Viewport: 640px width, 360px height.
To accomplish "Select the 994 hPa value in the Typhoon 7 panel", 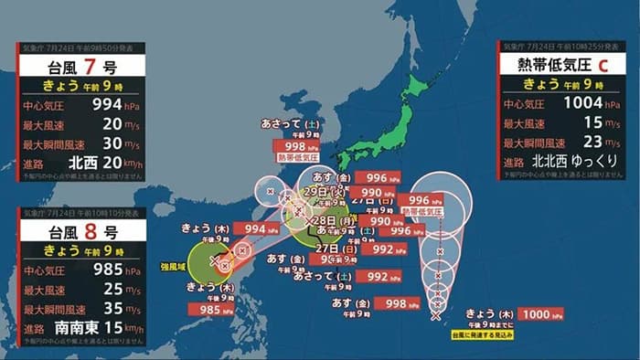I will tap(94, 106).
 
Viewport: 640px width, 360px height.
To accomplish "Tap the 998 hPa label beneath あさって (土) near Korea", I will tap(295, 146).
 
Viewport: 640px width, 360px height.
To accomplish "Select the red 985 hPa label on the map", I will tap(211, 309).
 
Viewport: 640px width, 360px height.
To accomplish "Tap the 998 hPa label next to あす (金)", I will tap(396, 303).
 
